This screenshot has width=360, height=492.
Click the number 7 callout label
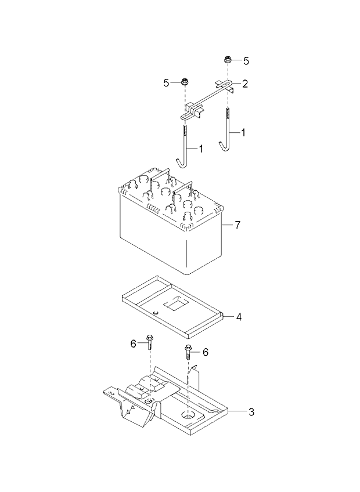coord(237,225)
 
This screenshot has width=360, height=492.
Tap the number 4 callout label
coord(238,317)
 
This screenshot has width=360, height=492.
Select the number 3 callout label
coord(251,412)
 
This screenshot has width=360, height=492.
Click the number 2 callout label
coord(245,84)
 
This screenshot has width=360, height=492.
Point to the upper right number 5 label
coord(246,60)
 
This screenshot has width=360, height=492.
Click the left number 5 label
coord(166,83)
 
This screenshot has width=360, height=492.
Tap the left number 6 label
coord(133,343)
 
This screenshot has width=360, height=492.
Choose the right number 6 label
coord(205,352)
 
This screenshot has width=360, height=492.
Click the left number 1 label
coord(201,149)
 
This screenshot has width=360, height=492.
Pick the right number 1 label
coord(243,133)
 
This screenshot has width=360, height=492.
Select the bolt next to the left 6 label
coord(150,342)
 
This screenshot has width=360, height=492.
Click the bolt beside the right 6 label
coord(189,351)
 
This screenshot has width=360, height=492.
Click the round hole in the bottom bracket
coord(189,415)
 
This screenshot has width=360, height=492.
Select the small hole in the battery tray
coord(156,314)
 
